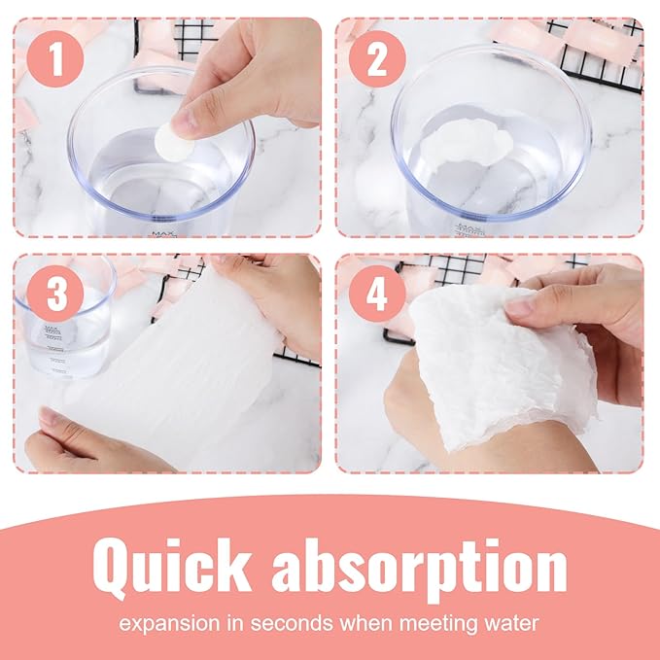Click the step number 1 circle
point(55,59)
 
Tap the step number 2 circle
point(377,59)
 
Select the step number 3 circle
point(55,294)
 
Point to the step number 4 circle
point(377,294)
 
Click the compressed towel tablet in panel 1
point(173,141)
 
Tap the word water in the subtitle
point(511,622)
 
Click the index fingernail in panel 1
point(184,122)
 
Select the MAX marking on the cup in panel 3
point(52,328)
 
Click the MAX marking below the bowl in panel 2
point(469,227)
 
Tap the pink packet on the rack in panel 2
point(596,39)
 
